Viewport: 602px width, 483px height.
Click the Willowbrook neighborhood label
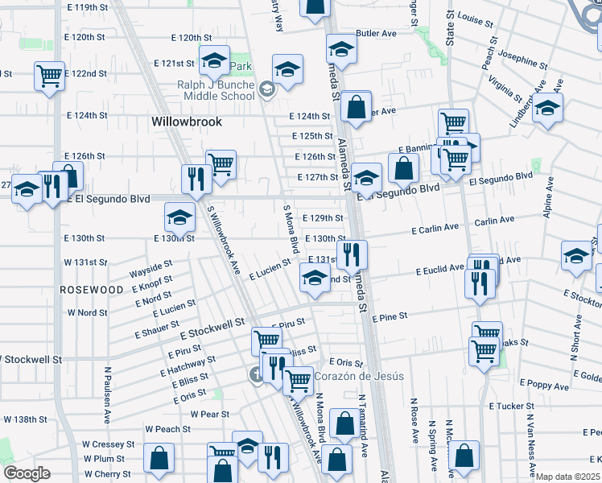coord(186,122)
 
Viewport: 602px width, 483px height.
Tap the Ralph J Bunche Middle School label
coord(216,91)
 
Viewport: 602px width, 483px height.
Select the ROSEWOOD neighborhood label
coord(91,289)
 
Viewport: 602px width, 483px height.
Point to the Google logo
coord(27,473)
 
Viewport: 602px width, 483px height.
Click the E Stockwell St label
coord(212,328)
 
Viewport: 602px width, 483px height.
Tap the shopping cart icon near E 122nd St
coord(50,76)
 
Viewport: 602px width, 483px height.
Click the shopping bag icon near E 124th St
coord(355,105)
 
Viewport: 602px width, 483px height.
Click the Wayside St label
coord(150,264)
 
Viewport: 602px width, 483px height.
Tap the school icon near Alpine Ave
coord(577,255)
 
